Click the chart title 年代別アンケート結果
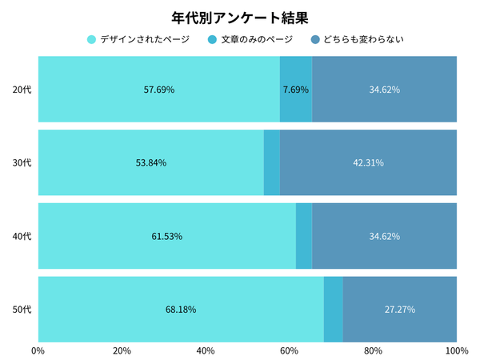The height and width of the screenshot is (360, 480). pyautogui.click(x=240, y=16)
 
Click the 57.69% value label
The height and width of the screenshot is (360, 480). pyautogui.click(x=158, y=90)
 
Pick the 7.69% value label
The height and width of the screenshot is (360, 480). pyautogui.click(x=296, y=90)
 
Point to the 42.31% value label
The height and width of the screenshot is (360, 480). pyautogui.click(x=368, y=163)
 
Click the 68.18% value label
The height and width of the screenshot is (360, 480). pyautogui.click(x=181, y=310)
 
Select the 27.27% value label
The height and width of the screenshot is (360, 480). pyautogui.click(x=400, y=310)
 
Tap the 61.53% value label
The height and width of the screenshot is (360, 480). pyautogui.click(x=166, y=236)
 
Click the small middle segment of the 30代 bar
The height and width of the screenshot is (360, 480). pyautogui.click(x=272, y=163)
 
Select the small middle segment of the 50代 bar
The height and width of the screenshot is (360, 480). pyautogui.click(x=334, y=310)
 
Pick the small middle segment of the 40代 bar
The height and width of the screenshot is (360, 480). pyautogui.click(x=304, y=236)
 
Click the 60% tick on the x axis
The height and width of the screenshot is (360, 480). pyautogui.click(x=289, y=350)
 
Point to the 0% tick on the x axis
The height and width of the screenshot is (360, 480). pyautogui.click(x=38, y=350)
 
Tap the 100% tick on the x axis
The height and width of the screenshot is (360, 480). pyautogui.click(x=456, y=350)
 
